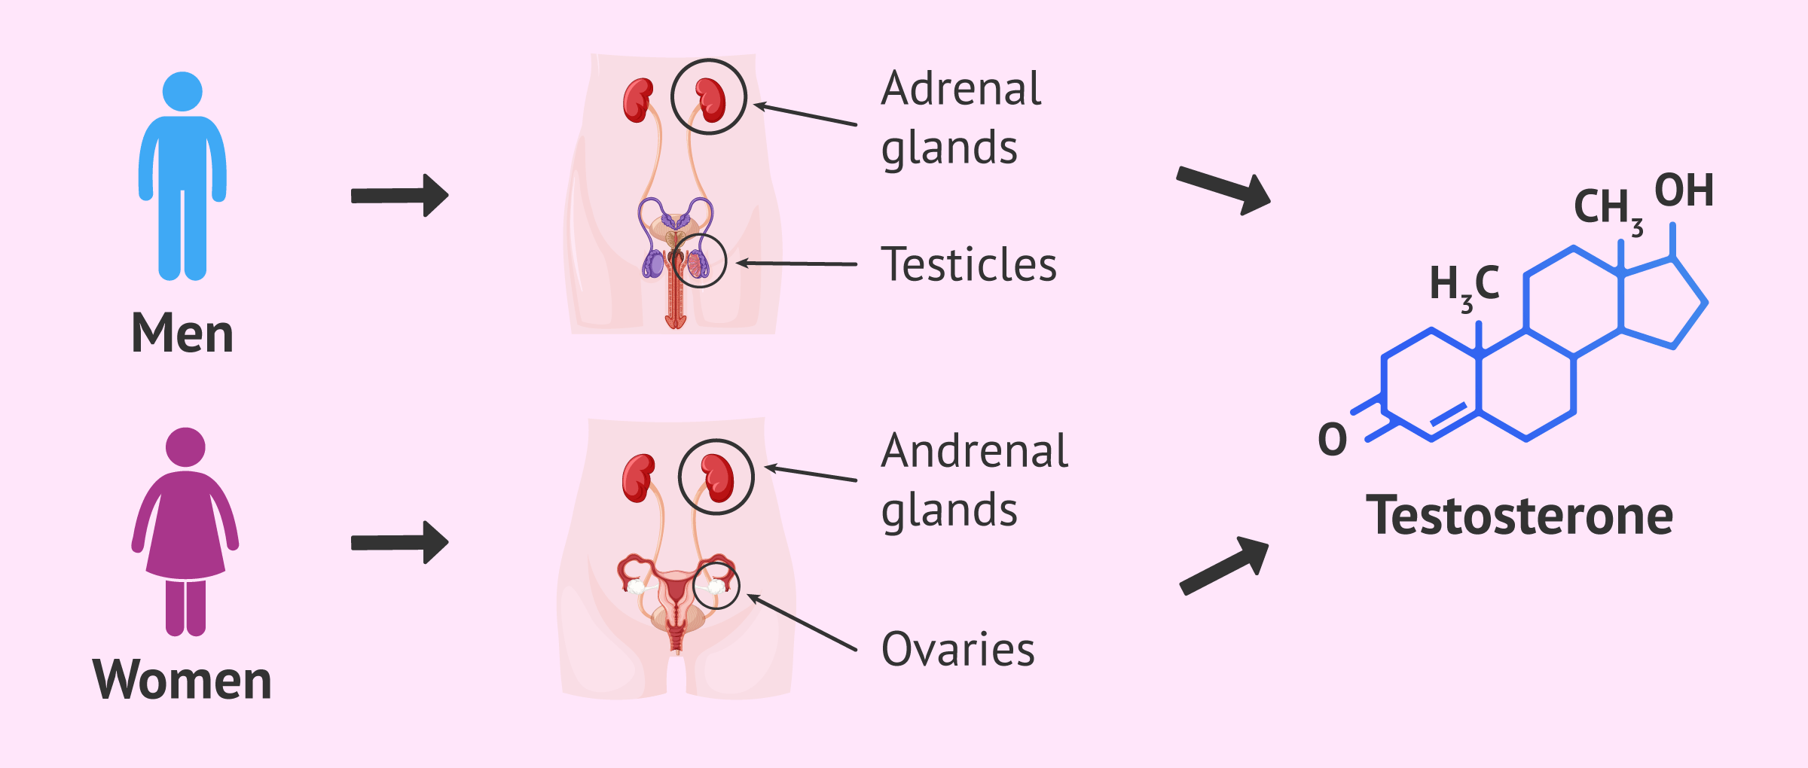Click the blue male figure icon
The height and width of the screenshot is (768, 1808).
(x=182, y=177)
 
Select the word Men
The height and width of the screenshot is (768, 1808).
(x=182, y=333)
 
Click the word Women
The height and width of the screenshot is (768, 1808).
(x=182, y=680)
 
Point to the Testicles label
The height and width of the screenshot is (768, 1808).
(x=969, y=265)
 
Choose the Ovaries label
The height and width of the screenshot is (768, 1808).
(x=958, y=649)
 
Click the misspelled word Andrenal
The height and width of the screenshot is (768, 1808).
(x=975, y=452)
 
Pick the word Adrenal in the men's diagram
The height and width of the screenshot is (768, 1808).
(x=962, y=89)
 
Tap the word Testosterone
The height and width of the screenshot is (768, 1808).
(x=1519, y=517)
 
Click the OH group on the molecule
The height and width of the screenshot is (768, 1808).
(x=1684, y=190)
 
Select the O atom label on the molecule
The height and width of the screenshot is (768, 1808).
(x=1332, y=440)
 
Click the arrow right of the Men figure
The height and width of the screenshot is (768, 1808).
(x=400, y=196)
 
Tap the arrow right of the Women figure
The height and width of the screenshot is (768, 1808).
(x=400, y=542)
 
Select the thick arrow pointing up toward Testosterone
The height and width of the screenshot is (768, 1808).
(x=1225, y=565)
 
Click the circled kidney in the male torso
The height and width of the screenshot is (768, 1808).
(x=710, y=99)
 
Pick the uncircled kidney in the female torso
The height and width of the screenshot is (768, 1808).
(x=638, y=477)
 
